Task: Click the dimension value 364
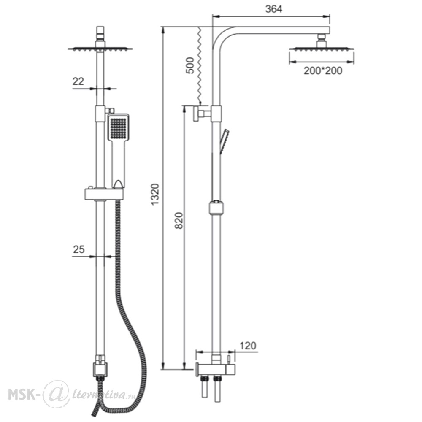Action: coord(274,9)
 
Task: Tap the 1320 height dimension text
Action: coord(155,194)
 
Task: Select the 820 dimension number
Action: coord(179,221)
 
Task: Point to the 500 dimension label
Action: coord(190,65)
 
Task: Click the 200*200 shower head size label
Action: coord(323,71)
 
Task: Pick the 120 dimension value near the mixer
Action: coord(248,346)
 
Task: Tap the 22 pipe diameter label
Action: coord(78,81)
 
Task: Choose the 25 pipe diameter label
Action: coord(78,249)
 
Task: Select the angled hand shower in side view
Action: coord(224,142)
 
